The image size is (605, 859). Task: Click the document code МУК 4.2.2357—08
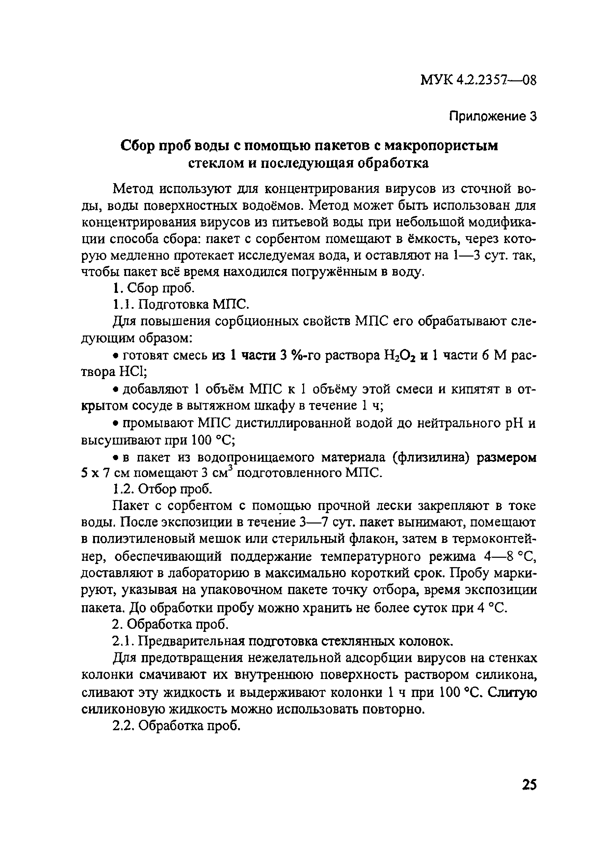click(x=479, y=80)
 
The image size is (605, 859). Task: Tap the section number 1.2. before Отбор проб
click(x=122, y=490)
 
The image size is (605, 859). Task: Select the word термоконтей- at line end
click(x=494, y=539)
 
